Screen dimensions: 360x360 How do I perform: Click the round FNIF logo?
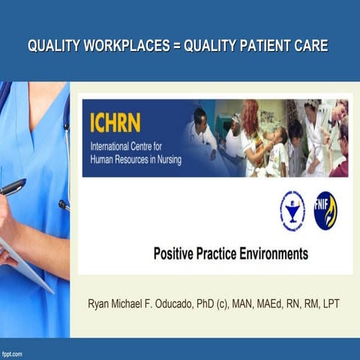click(x=325, y=211)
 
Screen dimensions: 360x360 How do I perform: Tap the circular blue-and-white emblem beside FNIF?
click(x=292, y=211)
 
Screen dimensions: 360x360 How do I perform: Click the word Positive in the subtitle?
click(x=177, y=254)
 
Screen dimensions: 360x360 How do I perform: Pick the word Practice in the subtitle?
click(x=220, y=254)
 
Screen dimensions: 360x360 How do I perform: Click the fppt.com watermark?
click(x=12, y=353)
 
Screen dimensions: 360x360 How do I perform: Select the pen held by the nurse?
click(x=13, y=187)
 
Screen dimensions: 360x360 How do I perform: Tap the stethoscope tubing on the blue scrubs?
click(x=66, y=150)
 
